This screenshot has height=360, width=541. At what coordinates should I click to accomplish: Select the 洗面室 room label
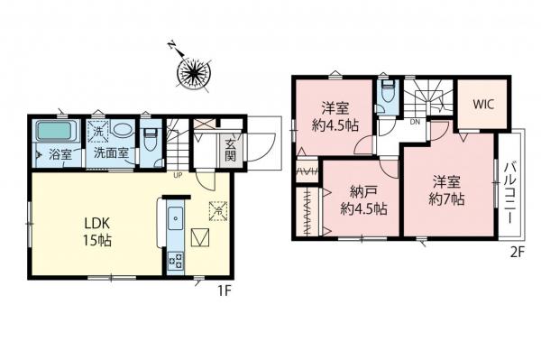coord(115,153)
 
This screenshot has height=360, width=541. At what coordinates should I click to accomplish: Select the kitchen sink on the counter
coord(176,217)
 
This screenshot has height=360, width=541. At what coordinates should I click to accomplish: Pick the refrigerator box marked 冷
coord(216,210)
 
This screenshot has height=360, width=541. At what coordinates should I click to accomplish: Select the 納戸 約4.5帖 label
coord(362,199)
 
